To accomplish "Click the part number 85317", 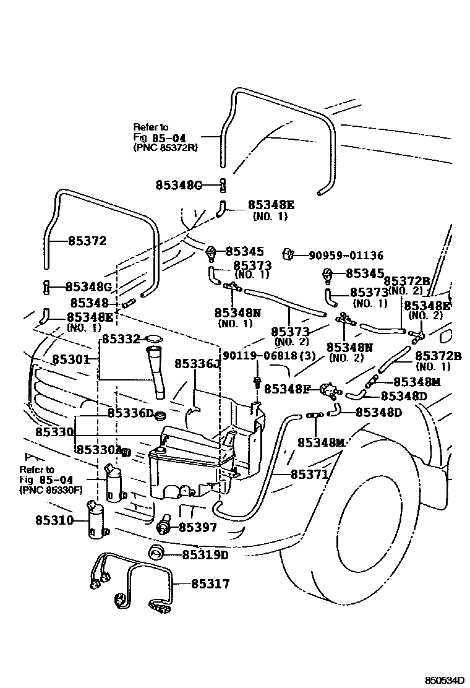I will [210, 583].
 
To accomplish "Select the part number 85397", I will [198, 527].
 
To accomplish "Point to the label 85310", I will [54, 520].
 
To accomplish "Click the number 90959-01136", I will [346, 255].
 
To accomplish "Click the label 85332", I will [121, 339].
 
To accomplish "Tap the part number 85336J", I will [197, 363].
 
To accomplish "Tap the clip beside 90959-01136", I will [287, 254].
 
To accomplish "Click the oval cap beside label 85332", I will [153, 338].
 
